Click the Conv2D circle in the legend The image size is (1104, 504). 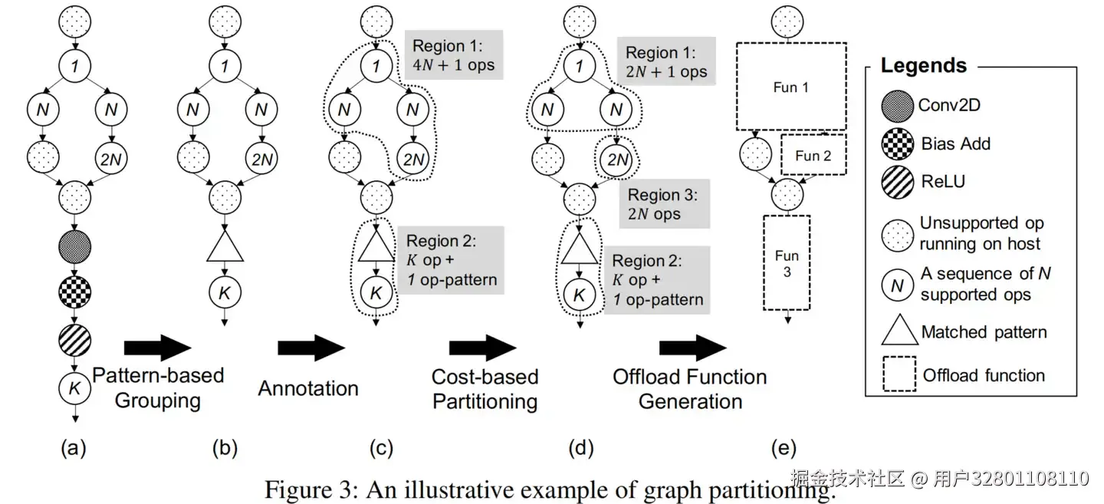[x=897, y=106]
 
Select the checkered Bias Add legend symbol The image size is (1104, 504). [x=897, y=143]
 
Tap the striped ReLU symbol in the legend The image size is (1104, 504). [x=897, y=182]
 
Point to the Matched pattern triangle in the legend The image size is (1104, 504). [x=900, y=329]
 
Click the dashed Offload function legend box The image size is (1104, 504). [x=899, y=374]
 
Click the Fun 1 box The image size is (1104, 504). [x=791, y=87]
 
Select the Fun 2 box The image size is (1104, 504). [x=813, y=154]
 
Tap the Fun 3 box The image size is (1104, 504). [x=787, y=263]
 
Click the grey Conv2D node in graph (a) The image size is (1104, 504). [x=74, y=246]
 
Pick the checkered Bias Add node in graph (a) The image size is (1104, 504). [x=74, y=293]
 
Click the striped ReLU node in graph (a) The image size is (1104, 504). [x=74, y=341]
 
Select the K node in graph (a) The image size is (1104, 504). [x=74, y=388]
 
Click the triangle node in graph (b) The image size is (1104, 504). [x=225, y=245]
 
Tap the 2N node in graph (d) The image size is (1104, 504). [x=616, y=160]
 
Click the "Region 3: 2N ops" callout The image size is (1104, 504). [x=665, y=204]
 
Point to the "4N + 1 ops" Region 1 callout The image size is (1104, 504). [x=454, y=54]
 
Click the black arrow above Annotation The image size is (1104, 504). [x=311, y=348]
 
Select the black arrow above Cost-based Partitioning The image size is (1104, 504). [x=482, y=348]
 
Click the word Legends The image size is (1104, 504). [x=924, y=65]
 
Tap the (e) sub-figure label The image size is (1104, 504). [x=784, y=448]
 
